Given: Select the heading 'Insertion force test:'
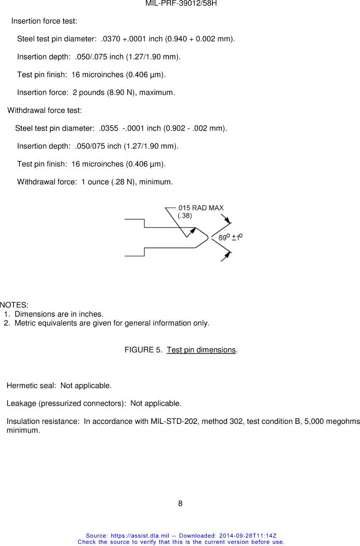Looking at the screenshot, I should (x=44, y=21).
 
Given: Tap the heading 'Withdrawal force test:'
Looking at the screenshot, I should (x=44, y=110).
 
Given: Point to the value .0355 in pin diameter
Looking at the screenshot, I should (x=109, y=128).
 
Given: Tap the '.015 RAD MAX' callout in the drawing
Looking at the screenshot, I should (x=201, y=208).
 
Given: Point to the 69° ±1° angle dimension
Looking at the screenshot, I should (x=231, y=237).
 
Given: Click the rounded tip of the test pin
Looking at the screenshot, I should (x=205, y=238).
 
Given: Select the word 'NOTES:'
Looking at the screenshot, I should (x=14, y=305).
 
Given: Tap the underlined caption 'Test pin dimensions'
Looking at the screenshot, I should (x=201, y=350).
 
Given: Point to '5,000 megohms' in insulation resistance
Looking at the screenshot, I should (x=335, y=421).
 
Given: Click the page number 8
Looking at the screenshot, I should (x=180, y=504).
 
